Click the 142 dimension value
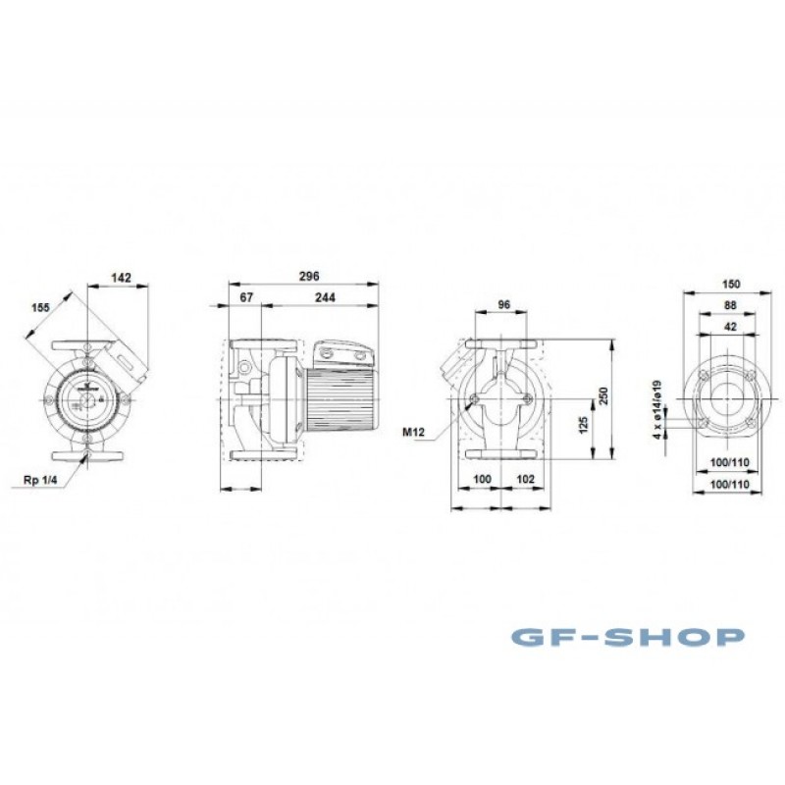pyautogui.click(x=121, y=278)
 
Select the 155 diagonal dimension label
pyautogui.click(x=41, y=307)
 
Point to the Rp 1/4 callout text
pyautogui.click(x=40, y=481)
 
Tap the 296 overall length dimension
pyautogui.click(x=309, y=276)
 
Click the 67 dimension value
pyautogui.click(x=246, y=297)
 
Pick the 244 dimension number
pyautogui.click(x=325, y=297)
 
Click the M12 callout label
pyautogui.click(x=413, y=432)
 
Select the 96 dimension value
pyautogui.click(x=504, y=305)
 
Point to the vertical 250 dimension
pyautogui.click(x=603, y=396)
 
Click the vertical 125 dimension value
pyautogui.click(x=583, y=425)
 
